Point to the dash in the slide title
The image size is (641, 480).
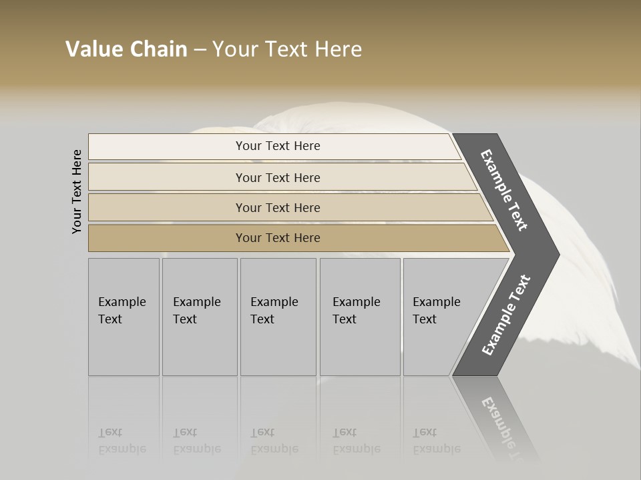tap(200, 50)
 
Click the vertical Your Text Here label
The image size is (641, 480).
tap(77, 191)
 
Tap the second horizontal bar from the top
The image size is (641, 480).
tap(280, 177)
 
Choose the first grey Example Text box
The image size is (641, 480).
tap(124, 317)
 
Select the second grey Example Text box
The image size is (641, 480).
tap(200, 317)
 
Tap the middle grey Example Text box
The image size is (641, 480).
tap(278, 317)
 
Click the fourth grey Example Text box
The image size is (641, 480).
tap(360, 317)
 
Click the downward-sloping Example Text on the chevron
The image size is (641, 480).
tap(504, 190)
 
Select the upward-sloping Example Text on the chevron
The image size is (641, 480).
tap(506, 315)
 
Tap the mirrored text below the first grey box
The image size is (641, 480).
tap(122, 441)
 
